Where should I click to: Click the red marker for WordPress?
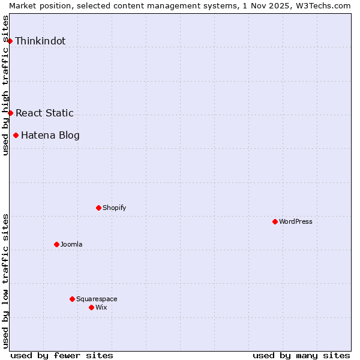275,221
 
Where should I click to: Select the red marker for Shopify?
98,208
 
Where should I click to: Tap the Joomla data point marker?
56,244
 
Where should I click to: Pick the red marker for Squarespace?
72,299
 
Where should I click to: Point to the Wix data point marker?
91,307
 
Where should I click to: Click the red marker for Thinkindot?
10,41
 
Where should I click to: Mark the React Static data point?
10,113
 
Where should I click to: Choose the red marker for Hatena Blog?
16,135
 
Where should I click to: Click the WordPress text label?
296,221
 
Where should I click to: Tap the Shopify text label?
114,208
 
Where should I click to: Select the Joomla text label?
71,244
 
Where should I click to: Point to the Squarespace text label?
97,299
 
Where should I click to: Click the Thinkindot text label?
40,41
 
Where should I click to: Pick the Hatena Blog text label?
50,135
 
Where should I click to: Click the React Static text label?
44,113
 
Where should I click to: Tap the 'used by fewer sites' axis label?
62,355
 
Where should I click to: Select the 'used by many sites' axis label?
301,355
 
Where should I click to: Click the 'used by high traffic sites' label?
5,85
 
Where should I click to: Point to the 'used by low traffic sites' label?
5,280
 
